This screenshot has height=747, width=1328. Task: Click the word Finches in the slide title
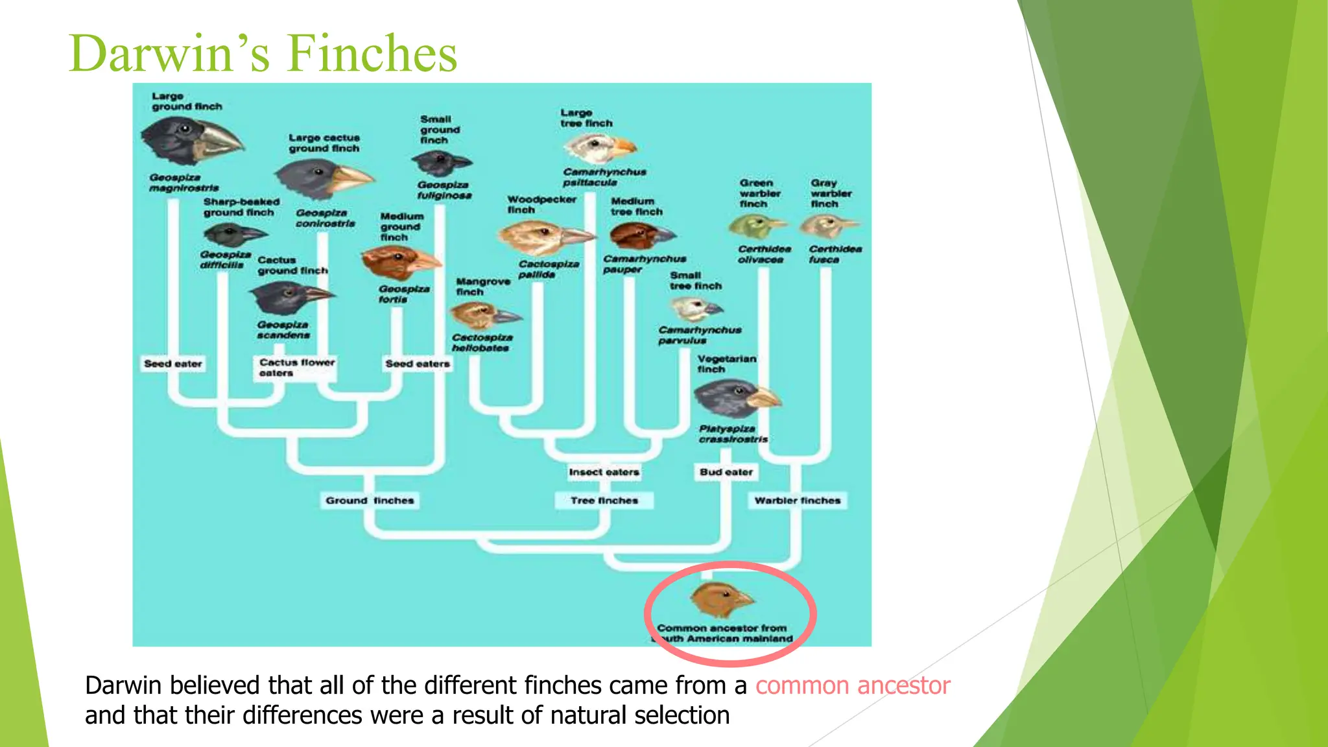(x=372, y=53)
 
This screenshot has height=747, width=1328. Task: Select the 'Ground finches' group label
(x=370, y=501)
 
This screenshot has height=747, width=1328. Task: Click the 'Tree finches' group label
(x=604, y=501)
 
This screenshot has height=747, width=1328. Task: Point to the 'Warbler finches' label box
(x=797, y=501)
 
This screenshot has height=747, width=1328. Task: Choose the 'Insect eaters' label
(x=604, y=472)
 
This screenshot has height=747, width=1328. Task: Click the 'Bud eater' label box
(x=726, y=472)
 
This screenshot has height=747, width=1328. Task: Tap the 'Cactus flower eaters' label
(x=296, y=368)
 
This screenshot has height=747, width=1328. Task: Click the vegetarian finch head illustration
(x=736, y=397)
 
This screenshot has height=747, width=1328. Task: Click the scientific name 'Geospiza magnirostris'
(x=184, y=183)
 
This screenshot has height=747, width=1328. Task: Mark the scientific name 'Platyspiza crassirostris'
(x=733, y=434)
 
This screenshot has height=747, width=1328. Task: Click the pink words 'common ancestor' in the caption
(x=852, y=686)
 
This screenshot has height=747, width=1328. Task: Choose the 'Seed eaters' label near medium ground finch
(x=417, y=364)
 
